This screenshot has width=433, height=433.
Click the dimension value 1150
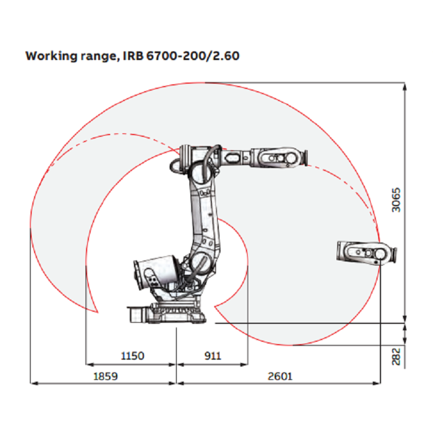(132, 356)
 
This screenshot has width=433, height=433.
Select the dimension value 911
(212, 356)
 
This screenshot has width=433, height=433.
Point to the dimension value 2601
(280, 376)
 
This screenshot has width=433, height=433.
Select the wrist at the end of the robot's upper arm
(279, 156)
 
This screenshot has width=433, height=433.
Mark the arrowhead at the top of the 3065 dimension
(405, 86)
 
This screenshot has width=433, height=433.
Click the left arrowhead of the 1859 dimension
(32, 382)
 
